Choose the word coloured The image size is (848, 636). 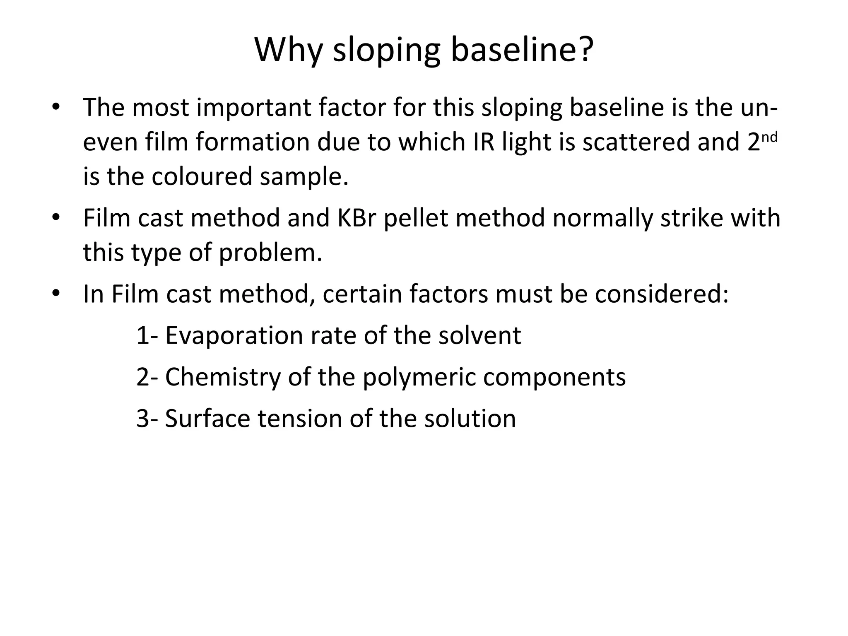[202, 176]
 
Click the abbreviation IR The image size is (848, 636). [484, 142]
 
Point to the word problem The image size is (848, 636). [270, 253]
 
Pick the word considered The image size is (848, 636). [661, 294]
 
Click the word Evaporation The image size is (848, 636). [234, 336]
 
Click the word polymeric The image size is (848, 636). [419, 378]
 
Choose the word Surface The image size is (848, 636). [207, 419]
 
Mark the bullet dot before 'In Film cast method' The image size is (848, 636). [56, 294]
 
